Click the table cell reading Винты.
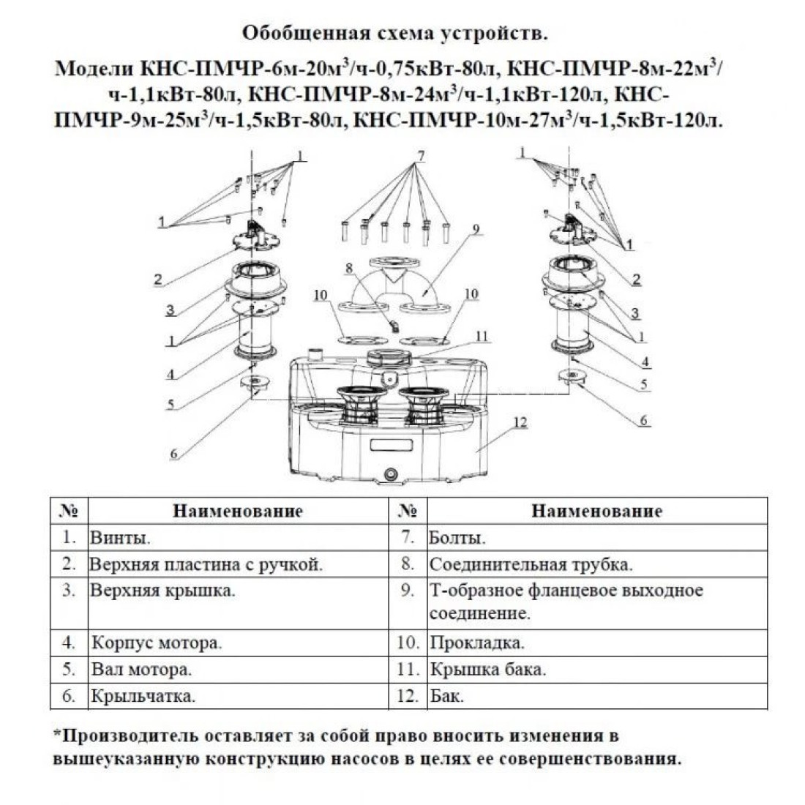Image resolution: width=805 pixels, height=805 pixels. pyautogui.click(x=239, y=538)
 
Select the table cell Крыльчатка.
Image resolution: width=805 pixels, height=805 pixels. pyautogui.click(x=239, y=696)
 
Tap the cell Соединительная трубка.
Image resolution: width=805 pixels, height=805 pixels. pyautogui.click(x=597, y=564)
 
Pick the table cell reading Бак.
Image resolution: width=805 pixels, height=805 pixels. pyautogui.click(x=597, y=696)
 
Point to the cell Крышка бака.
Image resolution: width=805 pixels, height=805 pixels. pyautogui.click(x=597, y=670)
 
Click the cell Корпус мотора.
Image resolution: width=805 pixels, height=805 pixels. pyautogui.click(x=239, y=643)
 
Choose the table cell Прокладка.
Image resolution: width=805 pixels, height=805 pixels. pyautogui.click(x=597, y=643)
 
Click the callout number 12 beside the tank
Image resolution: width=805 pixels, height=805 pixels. pyautogui.click(x=520, y=422)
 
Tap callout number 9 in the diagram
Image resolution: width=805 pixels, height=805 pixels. pyautogui.click(x=476, y=229)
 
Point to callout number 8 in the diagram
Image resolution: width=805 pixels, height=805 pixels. pyautogui.click(x=350, y=268)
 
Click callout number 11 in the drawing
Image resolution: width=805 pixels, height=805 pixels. pyautogui.click(x=482, y=337)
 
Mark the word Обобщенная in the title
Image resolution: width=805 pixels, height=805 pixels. pyautogui.click(x=306, y=34)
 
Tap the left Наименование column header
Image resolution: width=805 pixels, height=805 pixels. pyautogui.click(x=238, y=511)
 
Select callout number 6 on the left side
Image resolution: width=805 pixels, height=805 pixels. pyautogui.click(x=174, y=454)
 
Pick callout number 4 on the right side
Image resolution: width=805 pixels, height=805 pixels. pyautogui.click(x=645, y=362)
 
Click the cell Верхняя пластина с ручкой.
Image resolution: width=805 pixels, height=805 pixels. pyautogui.click(x=239, y=564)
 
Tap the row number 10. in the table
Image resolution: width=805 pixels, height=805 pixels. pyautogui.click(x=408, y=643)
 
